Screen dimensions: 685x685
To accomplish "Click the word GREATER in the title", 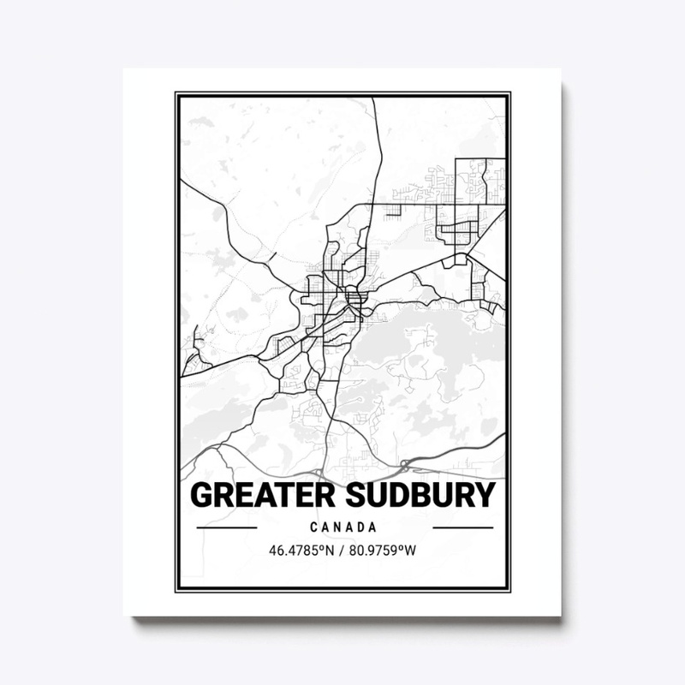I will point(253,496).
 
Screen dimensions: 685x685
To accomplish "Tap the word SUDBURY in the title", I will point(411,496).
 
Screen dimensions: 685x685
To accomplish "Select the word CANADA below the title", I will point(345,527).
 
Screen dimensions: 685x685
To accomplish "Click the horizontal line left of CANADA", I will point(226,527).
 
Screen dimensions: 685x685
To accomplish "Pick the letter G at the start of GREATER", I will point(201,496).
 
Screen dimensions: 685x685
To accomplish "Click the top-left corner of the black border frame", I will point(177,92).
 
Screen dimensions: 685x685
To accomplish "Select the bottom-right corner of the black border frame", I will point(509,592).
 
